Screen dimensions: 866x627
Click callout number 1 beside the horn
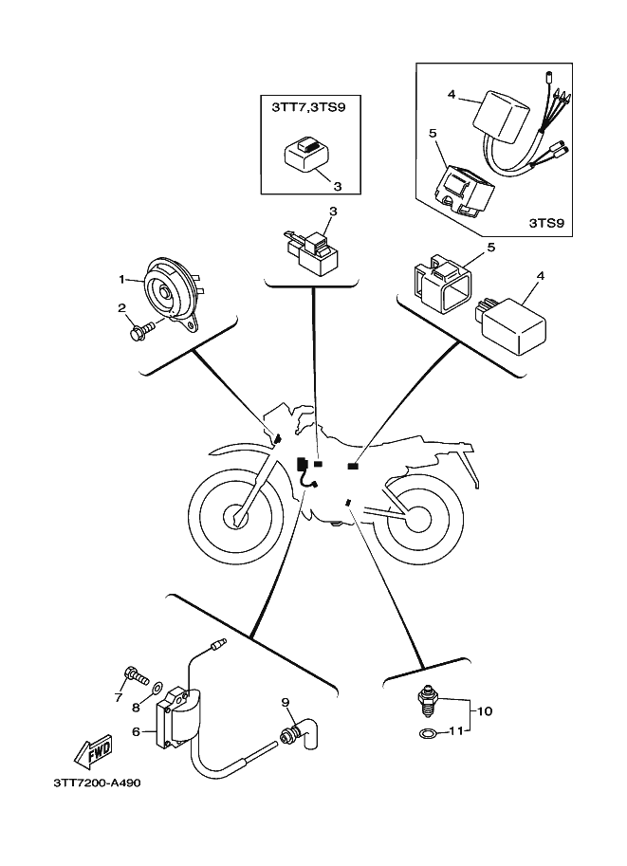point(122,280)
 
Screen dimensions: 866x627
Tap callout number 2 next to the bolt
point(121,307)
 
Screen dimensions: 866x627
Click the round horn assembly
point(171,291)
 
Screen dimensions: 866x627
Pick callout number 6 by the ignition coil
point(136,731)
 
